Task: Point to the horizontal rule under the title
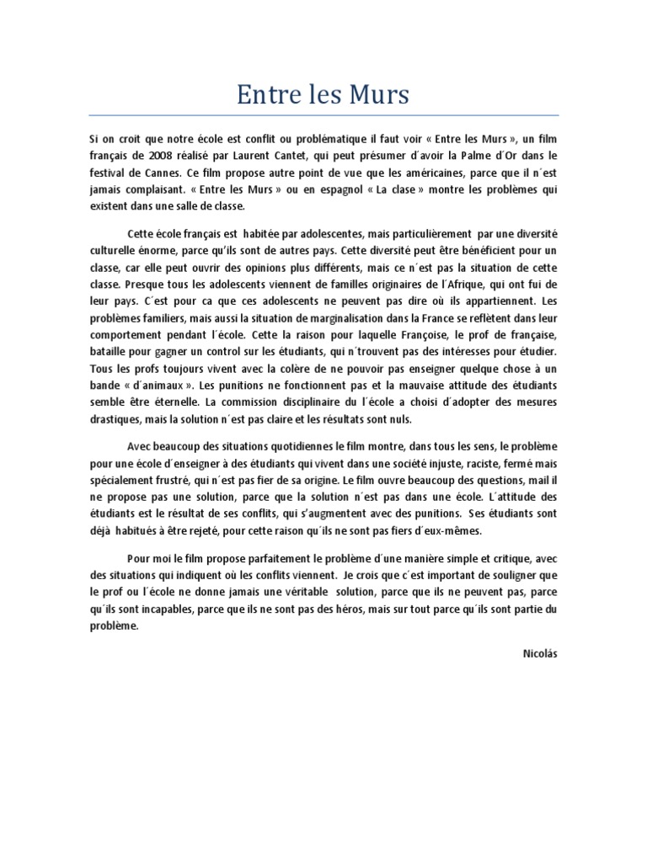pos(323,115)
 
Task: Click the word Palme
pos(480,156)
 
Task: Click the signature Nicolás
pos(540,653)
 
